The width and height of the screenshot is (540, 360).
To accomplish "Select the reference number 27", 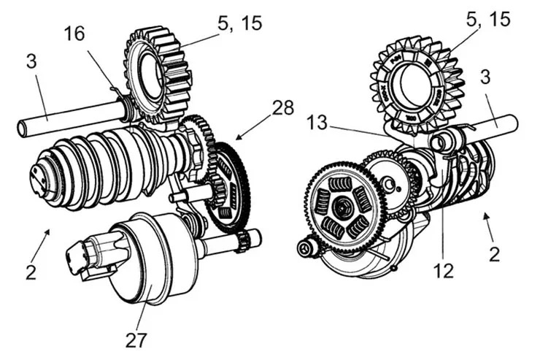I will point(136,339).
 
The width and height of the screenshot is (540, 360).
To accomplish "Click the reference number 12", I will point(443,270).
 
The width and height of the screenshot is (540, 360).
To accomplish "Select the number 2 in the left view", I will point(31,272).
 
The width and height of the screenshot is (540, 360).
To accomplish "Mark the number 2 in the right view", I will point(494,255).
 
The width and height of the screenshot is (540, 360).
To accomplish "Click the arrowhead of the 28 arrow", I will point(238,137).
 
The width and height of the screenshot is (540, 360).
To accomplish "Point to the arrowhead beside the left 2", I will point(49,231).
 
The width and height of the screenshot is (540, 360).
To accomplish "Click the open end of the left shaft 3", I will point(22,130).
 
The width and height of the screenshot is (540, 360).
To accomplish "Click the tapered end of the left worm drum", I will point(38,175).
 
